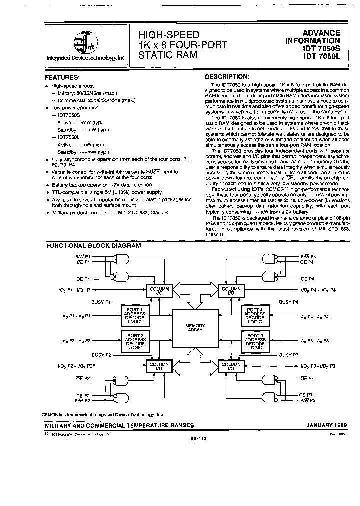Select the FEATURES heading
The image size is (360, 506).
pyautogui.click(x=62, y=77)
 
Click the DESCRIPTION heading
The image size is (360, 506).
pyautogui.click(x=227, y=77)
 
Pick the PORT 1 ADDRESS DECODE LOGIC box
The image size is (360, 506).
pyautogui.click(x=135, y=316)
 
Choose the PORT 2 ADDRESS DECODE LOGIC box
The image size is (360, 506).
pyautogui.click(x=135, y=341)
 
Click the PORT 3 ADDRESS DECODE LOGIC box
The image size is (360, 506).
pyautogui.click(x=255, y=341)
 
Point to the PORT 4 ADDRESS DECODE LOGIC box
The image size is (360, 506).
pyautogui.click(x=255, y=316)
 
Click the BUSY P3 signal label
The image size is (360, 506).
pyautogui.click(x=289, y=354)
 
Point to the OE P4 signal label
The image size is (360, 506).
pyautogui.click(x=307, y=279)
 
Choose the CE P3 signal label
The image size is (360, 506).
pyautogui.click(x=307, y=395)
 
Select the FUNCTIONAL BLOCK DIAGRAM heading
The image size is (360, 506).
pyautogui.click(x=93, y=245)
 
